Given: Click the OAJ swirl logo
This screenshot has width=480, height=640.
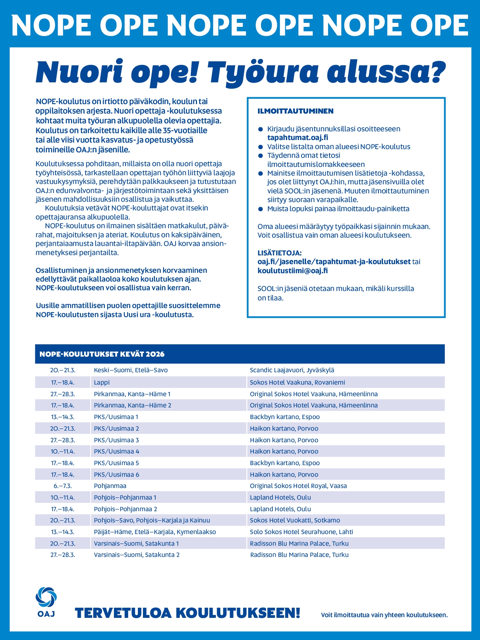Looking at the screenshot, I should (x=46, y=597).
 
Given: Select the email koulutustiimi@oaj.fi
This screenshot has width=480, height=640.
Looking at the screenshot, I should (x=292, y=271).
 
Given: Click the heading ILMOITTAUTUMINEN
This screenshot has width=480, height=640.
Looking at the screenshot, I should (x=295, y=111).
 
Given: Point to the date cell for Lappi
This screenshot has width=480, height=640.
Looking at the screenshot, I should (x=63, y=382).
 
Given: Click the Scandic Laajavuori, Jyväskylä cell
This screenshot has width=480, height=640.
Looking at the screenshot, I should (x=292, y=370).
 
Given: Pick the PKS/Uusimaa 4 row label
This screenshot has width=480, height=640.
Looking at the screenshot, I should (x=116, y=451).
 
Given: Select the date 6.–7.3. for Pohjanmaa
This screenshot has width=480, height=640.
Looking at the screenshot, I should (x=63, y=486).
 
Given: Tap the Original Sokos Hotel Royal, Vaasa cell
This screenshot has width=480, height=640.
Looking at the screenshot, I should (x=298, y=486).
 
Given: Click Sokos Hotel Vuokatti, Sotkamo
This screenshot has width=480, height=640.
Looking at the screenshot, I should (x=295, y=520).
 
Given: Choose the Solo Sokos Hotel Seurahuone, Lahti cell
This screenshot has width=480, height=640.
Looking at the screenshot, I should (x=301, y=532).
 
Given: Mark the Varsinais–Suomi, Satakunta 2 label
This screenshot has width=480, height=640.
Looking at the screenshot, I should (x=137, y=555).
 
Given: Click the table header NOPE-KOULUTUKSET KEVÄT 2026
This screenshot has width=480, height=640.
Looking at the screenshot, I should (x=102, y=354).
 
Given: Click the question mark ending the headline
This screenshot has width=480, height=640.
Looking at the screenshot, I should (x=435, y=72).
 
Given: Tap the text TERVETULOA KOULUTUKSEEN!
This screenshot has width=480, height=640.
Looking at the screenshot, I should (x=187, y=613).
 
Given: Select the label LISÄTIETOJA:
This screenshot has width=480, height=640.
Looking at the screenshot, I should (x=279, y=253).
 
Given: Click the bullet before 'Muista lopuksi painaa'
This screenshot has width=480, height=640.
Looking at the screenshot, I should (x=260, y=209).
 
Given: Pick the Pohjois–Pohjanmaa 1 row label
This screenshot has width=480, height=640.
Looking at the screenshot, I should (x=125, y=497).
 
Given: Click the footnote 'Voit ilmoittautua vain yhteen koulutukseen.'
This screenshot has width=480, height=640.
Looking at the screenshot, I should (x=384, y=615).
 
